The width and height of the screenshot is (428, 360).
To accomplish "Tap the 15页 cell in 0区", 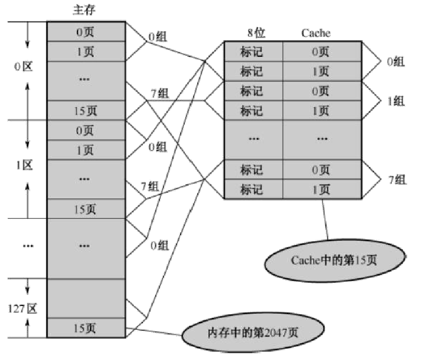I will click(86, 110).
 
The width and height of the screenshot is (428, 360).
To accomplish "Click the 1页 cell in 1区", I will click(86, 151).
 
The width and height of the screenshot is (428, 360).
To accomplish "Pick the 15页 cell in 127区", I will click(86, 328).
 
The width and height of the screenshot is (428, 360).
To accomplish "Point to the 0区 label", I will click(24, 67).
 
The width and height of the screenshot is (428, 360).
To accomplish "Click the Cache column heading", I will click(316, 33).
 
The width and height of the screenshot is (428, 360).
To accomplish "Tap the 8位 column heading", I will click(256, 33).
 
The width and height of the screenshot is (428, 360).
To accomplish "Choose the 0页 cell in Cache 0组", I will click(321, 52).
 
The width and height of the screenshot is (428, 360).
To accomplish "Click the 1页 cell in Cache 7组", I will click(321, 189).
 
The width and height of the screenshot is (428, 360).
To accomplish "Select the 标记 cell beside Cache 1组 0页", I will click(252, 91).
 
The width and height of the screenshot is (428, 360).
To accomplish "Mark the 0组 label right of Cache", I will click(395, 61).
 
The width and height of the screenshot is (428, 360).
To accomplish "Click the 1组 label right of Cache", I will click(396, 101).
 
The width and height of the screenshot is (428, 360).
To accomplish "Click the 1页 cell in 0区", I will click(86, 51).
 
